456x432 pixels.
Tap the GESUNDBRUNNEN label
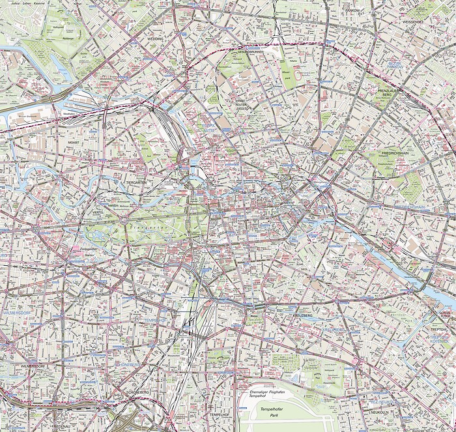tap(249, 51)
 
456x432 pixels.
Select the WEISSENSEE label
tap(430, 22)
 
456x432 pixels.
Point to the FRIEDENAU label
tap(63, 426)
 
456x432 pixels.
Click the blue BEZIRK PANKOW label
tap(394, 66)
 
